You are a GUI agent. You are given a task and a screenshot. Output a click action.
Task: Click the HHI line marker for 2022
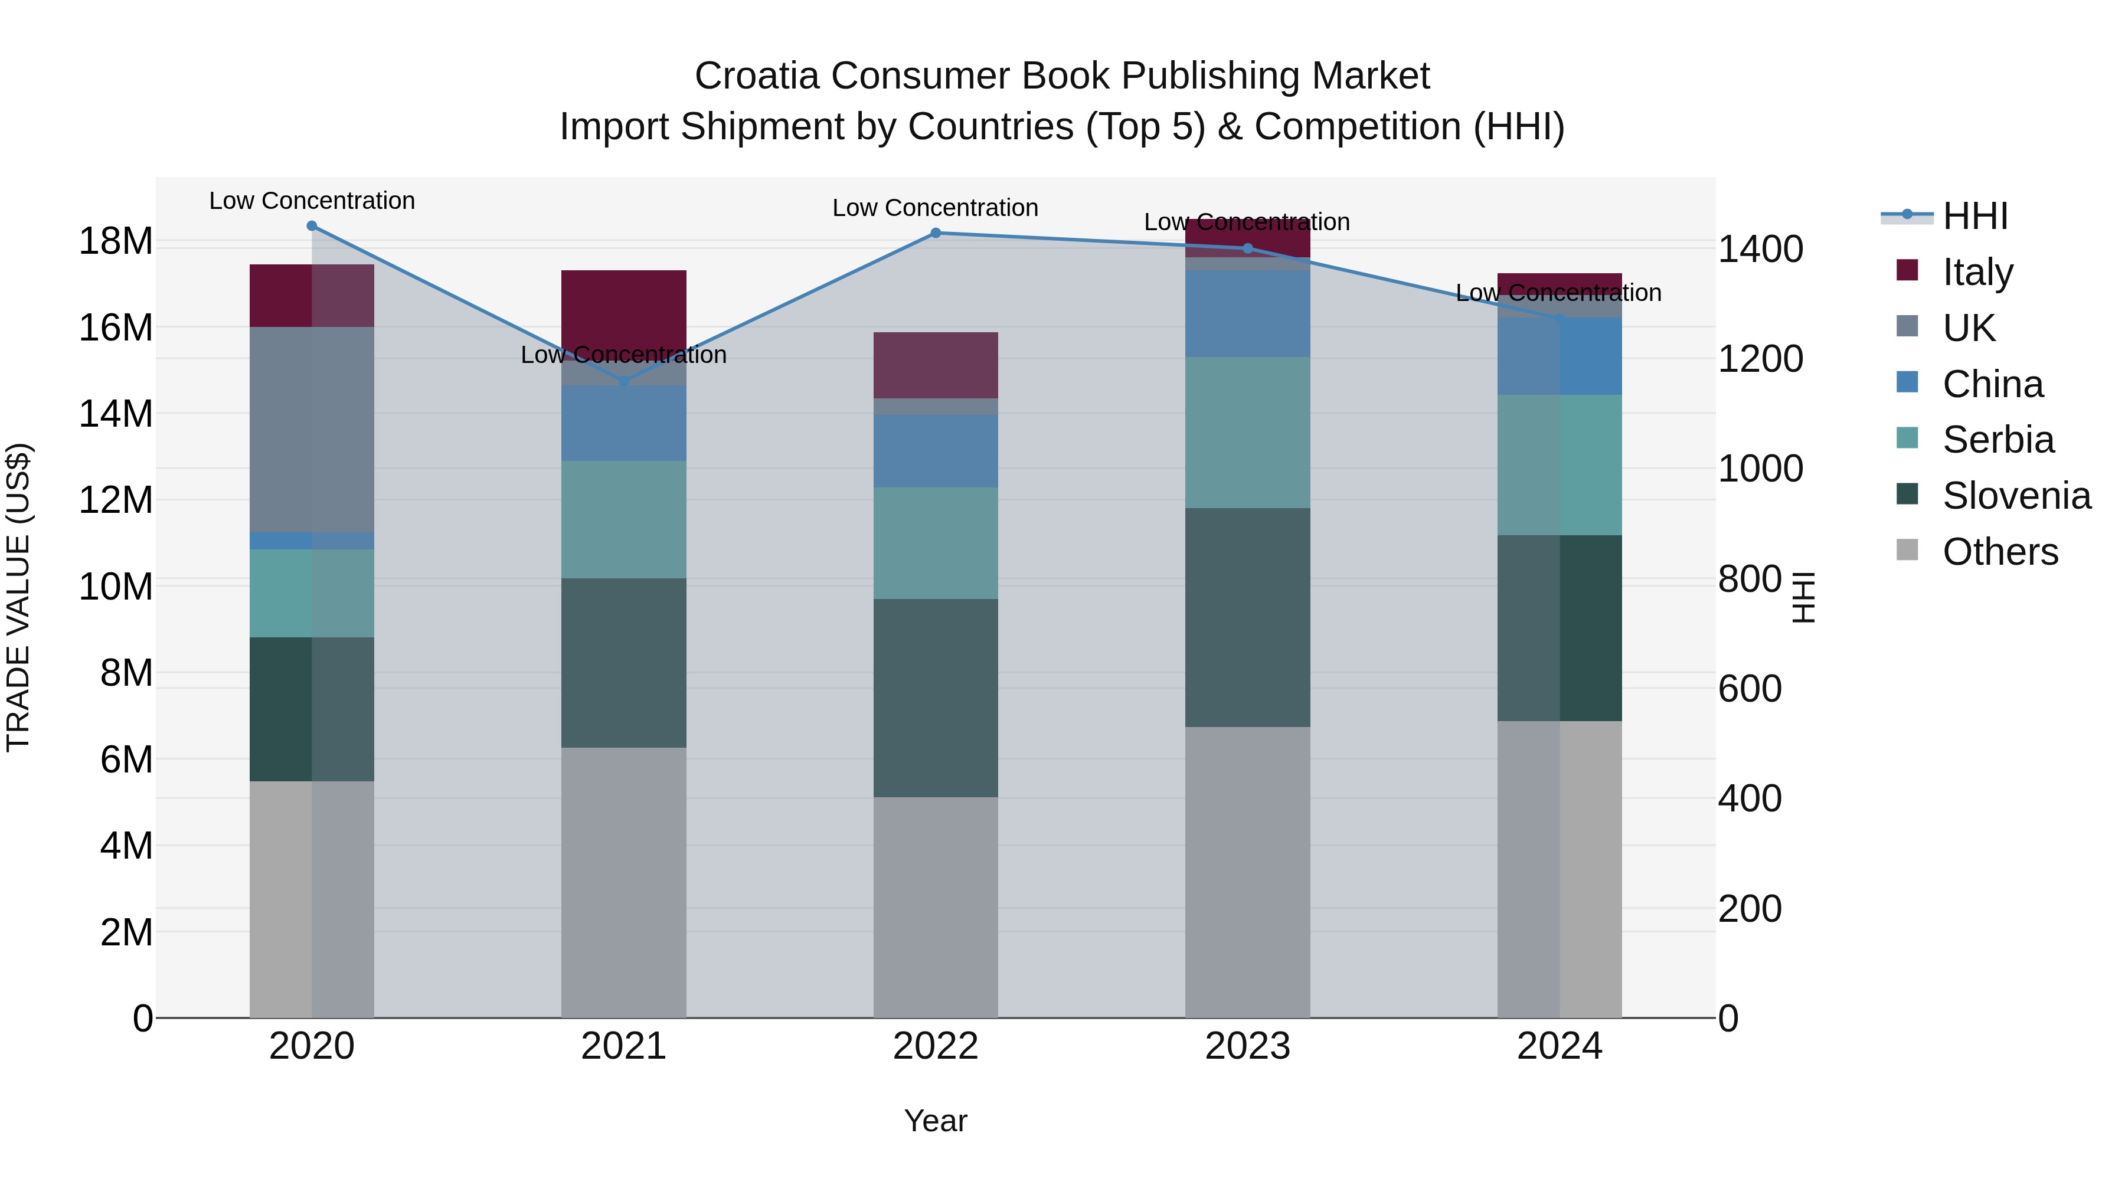click(x=936, y=233)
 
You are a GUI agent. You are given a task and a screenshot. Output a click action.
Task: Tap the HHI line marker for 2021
click(x=624, y=382)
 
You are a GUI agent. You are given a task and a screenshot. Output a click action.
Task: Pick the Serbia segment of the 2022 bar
click(x=936, y=543)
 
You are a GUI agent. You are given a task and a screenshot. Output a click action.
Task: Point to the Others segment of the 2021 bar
click(x=624, y=882)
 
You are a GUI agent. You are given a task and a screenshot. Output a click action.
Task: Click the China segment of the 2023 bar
click(x=1247, y=313)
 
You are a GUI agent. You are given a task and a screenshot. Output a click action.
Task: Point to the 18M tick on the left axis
click(x=116, y=241)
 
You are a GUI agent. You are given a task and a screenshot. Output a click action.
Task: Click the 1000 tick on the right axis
click(x=1760, y=469)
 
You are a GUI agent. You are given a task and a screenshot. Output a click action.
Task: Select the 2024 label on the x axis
click(x=1559, y=1046)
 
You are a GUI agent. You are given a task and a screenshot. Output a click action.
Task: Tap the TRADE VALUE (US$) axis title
click(x=18, y=597)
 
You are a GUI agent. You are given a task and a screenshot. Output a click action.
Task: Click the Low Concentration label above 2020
click(x=312, y=201)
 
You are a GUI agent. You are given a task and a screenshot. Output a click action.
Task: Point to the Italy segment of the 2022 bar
click(x=936, y=365)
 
